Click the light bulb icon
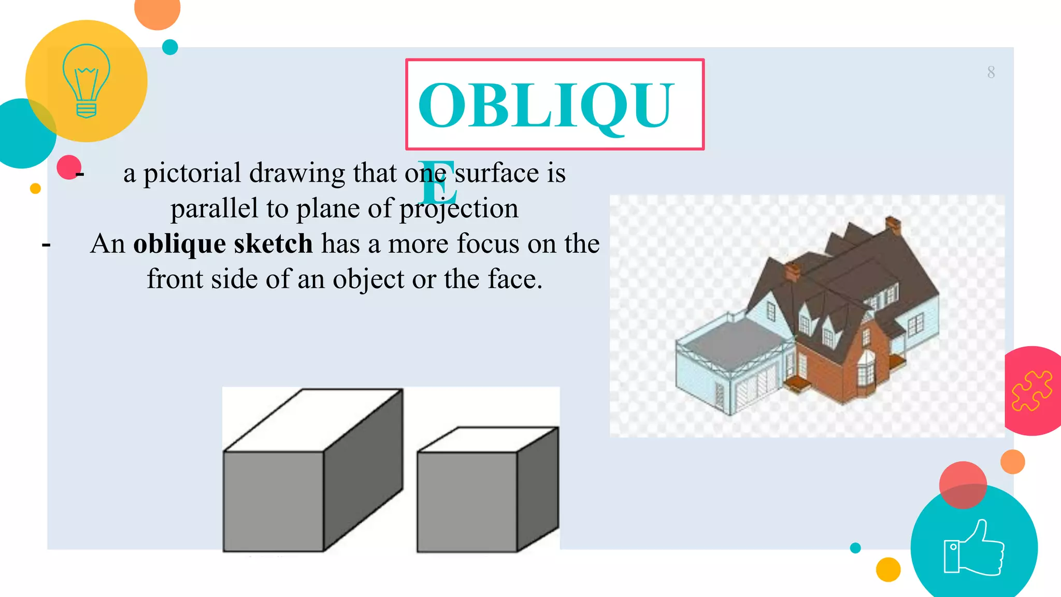click(86, 81)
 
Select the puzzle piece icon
click(1031, 391)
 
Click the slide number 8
click(991, 72)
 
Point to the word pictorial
click(192, 173)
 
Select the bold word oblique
click(179, 244)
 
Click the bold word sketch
click(273, 244)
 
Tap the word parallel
click(214, 208)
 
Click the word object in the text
click(368, 280)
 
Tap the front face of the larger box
click(274, 501)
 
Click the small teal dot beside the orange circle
click(170, 47)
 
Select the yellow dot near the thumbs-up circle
click(888, 570)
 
